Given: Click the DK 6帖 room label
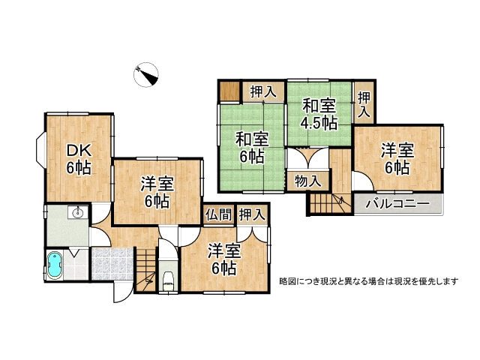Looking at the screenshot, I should [78, 157].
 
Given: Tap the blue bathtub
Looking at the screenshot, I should [55, 266].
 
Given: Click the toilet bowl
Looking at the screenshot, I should [168, 280].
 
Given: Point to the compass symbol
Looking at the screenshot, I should [147, 73].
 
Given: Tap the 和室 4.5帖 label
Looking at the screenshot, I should [319, 115].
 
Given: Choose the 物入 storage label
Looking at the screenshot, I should [308, 181].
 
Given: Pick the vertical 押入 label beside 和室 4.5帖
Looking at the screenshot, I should [364, 104].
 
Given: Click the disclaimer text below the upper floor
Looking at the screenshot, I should [368, 281].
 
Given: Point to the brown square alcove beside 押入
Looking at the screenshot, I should [229, 92].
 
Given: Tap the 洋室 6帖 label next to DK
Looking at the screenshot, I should [156, 191].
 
